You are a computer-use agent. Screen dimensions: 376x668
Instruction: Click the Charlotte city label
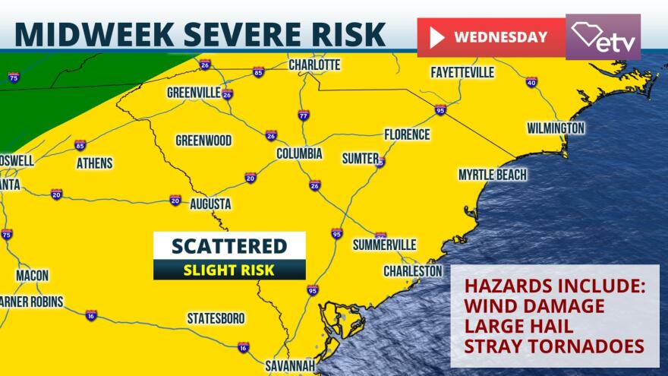(314, 65)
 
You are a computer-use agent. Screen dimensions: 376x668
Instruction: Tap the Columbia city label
(299, 154)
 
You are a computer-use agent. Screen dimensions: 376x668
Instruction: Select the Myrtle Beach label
(492, 175)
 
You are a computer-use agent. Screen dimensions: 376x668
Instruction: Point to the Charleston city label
(412, 271)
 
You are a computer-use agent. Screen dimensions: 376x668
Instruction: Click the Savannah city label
(290, 365)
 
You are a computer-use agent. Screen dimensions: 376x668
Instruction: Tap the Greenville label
(194, 93)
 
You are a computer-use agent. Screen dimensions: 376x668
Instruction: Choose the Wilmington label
(556, 128)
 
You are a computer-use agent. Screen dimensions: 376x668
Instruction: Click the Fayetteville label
(462, 73)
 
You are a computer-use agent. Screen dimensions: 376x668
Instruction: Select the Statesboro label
(216, 318)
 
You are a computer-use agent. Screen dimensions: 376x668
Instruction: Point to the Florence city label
(407, 134)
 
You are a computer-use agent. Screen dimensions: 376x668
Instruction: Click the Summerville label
(385, 245)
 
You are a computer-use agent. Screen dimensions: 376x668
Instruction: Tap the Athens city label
(94, 163)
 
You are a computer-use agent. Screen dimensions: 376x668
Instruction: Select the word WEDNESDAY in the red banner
(500, 36)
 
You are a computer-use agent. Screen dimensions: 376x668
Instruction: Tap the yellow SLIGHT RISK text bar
(229, 270)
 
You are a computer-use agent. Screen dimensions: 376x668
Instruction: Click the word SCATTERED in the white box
(229, 246)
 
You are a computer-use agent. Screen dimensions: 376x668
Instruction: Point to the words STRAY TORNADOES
(554, 346)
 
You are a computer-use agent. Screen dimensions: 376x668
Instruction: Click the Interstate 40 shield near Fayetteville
(531, 82)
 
